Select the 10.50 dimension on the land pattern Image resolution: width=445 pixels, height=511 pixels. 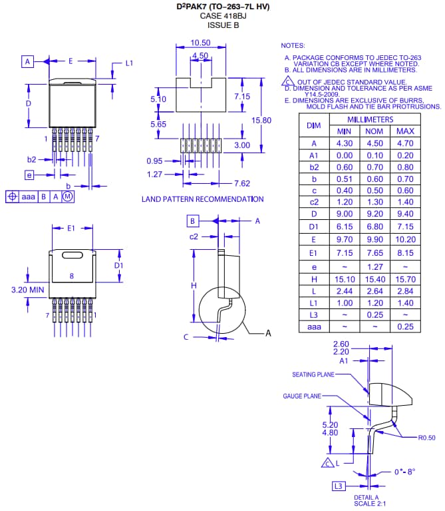click(200, 42)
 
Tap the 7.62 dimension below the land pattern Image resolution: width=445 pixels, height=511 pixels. click(241, 183)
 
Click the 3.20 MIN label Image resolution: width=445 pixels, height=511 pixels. click(28, 290)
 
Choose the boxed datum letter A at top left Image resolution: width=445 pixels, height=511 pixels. click(28, 61)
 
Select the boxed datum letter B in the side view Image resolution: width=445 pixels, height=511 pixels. click(192, 221)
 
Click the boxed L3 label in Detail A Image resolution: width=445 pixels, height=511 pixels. click(339, 486)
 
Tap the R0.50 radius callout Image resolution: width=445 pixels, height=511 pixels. click(426, 438)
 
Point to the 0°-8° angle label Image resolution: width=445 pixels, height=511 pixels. click(404, 471)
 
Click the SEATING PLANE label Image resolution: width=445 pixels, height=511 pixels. click(313, 374)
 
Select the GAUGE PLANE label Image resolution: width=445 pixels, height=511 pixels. click(302, 396)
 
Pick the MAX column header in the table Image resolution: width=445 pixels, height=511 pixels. click(404, 131)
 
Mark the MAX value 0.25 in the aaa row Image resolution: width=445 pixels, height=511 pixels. click(404, 326)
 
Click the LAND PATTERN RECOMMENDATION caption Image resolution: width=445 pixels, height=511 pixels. click(202, 199)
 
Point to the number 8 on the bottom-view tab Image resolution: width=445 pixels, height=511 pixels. click(71, 275)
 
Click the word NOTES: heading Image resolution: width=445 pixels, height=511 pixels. click(293, 45)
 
